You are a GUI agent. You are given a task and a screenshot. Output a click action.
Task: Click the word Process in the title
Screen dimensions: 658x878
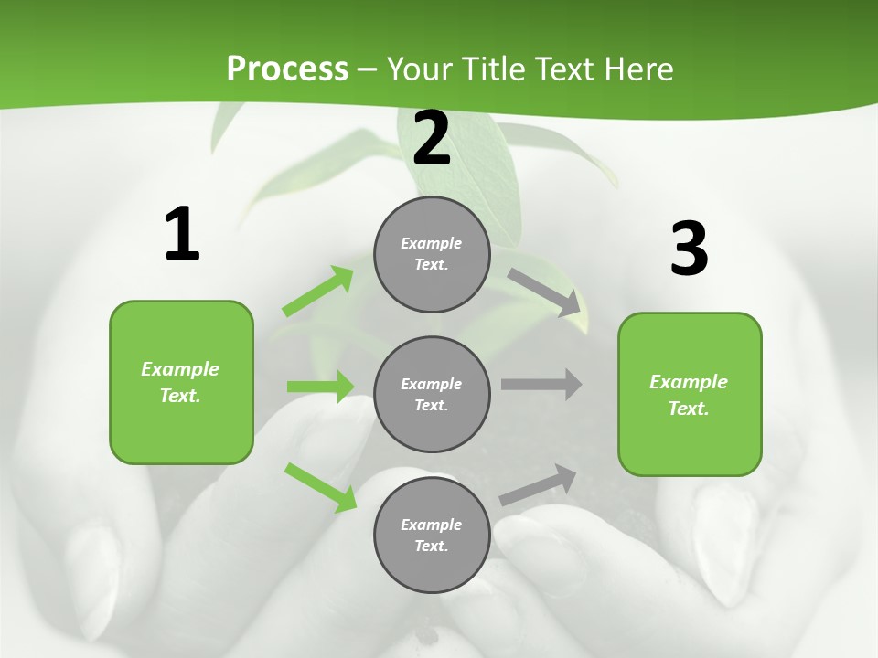pyautogui.click(x=287, y=69)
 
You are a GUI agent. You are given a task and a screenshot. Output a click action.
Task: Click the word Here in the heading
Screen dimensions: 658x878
pyautogui.click(x=639, y=69)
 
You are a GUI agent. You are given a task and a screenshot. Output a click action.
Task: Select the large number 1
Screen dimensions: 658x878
pyautogui.click(x=182, y=234)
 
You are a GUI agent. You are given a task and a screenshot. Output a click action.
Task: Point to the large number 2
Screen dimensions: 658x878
pyautogui.click(x=432, y=137)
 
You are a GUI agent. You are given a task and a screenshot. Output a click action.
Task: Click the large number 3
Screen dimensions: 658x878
pyautogui.click(x=689, y=249)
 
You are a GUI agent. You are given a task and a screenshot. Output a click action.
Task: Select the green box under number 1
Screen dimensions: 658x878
pyautogui.click(x=181, y=382)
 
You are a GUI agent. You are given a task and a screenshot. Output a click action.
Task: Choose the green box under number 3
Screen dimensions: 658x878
pyautogui.click(x=690, y=395)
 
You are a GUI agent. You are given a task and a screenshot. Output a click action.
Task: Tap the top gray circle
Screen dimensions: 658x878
pyautogui.click(x=432, y=254)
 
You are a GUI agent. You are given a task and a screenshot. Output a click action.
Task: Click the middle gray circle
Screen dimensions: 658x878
pyautogui.click(x=432, y=394)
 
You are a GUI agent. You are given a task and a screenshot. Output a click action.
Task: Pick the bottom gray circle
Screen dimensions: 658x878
pyautogui.click(x=432, y=535)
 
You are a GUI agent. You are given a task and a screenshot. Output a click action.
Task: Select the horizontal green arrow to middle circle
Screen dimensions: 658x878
pyautogui.click(x=321, y=387)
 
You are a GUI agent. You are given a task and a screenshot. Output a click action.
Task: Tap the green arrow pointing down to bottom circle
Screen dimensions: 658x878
pyautogui.click(x=321, y=486)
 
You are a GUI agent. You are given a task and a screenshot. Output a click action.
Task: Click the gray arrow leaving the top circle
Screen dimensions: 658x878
pyautogui.click(x=544, y=292)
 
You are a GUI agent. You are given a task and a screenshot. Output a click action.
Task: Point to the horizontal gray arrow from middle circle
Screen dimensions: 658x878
pyautogui.click(x=541, y=385)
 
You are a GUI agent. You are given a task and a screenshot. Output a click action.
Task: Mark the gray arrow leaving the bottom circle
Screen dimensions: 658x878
pyautogui.click(x=539, y=485)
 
